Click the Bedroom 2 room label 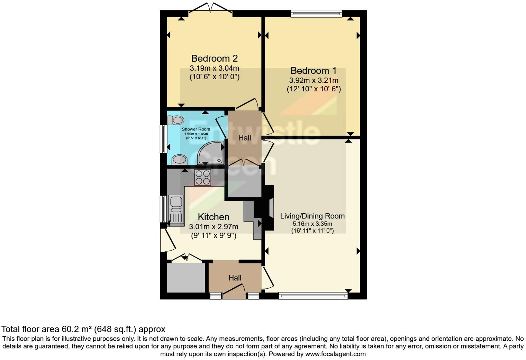pyautogui.click(x=214, y=58)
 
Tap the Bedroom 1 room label pyautogui.click(x=313, y=71)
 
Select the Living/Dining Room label pyautogui.click(x=312, y=216)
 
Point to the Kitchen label pyautogui.click(x=214, y=217)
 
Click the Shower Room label pyautogui.click(x=196, y=129)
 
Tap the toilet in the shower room pyautogui.click(x=175, y=120)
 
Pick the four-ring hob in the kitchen pyautogui.click(x=202, y=177)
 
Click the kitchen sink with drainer pyautogui.click(x=176, y=209)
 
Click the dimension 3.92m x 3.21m pyautogui.click(x=314, y=80)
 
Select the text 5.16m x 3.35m pyautogui.click(x=312, y=224)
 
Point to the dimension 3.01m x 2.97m pyautogui.click(x=214, y=227)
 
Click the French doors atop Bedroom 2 pyautogui.click(x=210, y=9)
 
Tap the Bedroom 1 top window pyautogui.click(x=316, y=14)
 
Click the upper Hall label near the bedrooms pyautogui.click(x=244, y=138)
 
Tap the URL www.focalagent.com pyautogui.click(x=335, y=354)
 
